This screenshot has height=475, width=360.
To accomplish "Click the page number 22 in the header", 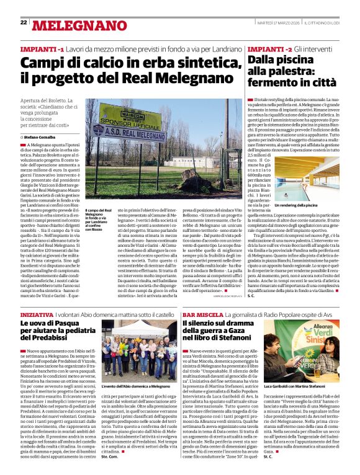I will coord(24,22).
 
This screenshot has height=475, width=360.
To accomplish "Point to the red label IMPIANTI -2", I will coord(269,48).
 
